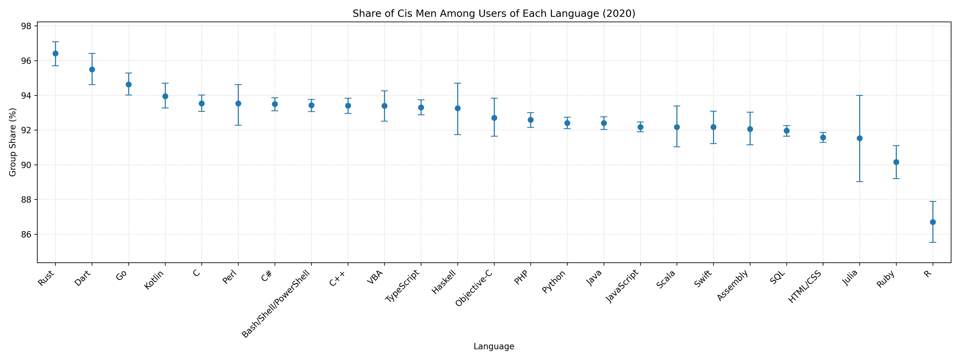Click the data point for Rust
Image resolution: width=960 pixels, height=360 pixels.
point(56,53)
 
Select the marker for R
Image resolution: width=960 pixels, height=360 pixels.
point(933,222)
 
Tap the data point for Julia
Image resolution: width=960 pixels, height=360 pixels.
point(860,138)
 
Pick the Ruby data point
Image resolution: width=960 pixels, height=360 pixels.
point(896,162)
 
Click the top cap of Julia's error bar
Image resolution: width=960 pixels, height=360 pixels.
point(860,95)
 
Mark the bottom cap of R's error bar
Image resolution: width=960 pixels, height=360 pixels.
point(933,242)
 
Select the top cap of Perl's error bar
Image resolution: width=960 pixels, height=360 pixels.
point(238,85)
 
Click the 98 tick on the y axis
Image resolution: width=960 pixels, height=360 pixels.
point(27,26)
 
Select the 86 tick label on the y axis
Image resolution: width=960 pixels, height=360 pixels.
point(27,234)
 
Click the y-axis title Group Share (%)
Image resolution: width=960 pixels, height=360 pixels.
point(13,142)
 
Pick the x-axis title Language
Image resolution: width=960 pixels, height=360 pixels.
point(494,347)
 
